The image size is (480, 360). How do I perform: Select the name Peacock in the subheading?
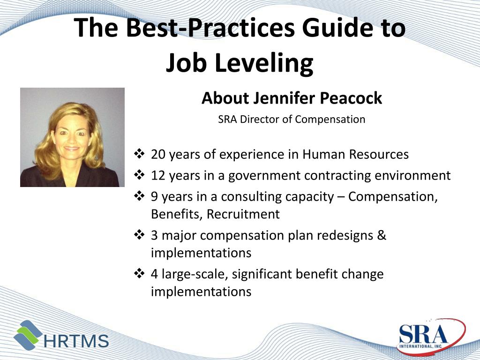click(351, 98)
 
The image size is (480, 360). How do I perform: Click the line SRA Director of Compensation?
click(292, 119)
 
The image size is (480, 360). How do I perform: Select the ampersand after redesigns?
click(382, 235)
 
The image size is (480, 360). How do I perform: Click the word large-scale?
click(194, 274)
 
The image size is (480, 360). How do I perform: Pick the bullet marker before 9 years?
click(139, 196)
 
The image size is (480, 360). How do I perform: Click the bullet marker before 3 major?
click(139, 234)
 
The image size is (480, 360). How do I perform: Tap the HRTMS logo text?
click(76, 341)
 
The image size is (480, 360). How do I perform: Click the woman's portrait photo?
click(72, 137)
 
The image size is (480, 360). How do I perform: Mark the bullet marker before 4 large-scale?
click(139, 273)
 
